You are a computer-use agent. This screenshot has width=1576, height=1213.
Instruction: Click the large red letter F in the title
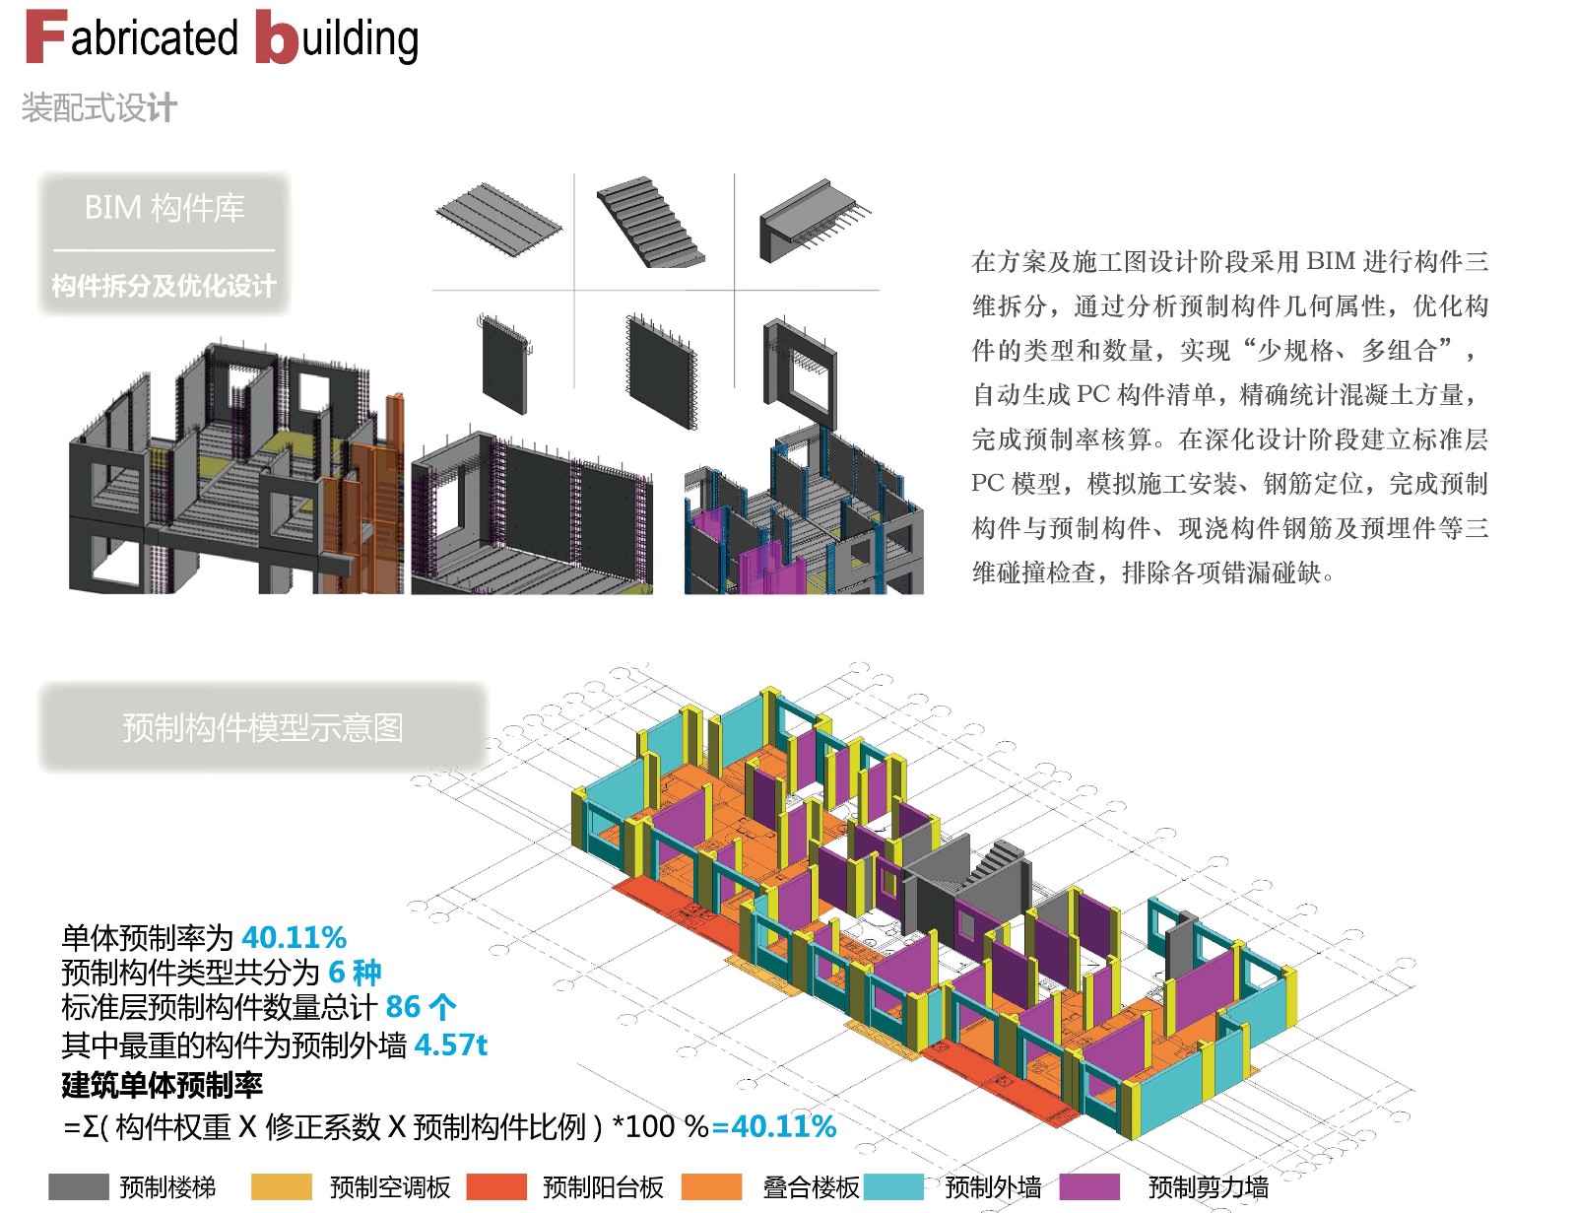tap(45, 37)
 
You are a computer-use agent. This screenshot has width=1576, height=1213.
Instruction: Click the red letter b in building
tap(276, 39)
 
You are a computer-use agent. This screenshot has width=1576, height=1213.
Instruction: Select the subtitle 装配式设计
tap(98, 107)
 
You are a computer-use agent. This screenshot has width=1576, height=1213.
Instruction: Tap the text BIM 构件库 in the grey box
tap(164, 208)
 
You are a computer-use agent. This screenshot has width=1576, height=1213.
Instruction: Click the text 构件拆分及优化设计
tap(164, 286)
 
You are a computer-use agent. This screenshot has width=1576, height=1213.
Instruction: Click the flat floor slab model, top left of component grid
tap(498, 218)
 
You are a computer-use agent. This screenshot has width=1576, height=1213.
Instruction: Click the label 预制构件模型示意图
tap(262, 727)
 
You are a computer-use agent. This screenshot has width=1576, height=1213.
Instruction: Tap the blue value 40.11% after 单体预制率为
tap(294, 937)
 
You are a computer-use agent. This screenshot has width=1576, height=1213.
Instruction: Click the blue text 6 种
tap(355, 973)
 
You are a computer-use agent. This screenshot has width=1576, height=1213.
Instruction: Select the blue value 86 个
tap(420, 1007)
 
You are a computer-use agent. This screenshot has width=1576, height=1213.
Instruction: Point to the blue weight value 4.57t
tap(450, 1045)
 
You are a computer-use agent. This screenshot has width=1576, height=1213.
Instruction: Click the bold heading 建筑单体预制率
tap(163, 1085)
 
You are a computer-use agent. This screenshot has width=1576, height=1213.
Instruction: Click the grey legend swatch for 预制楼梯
tap(78, 1186)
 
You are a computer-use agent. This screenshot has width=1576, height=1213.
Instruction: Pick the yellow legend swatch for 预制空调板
tap(281, 1186)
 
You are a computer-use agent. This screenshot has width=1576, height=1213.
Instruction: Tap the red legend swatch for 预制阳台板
tap(496, 1186)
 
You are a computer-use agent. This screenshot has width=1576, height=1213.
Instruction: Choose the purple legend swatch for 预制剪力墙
tap(1089, 1186)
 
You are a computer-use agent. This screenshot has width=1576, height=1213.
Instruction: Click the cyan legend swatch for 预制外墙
tap(893, 1186)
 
